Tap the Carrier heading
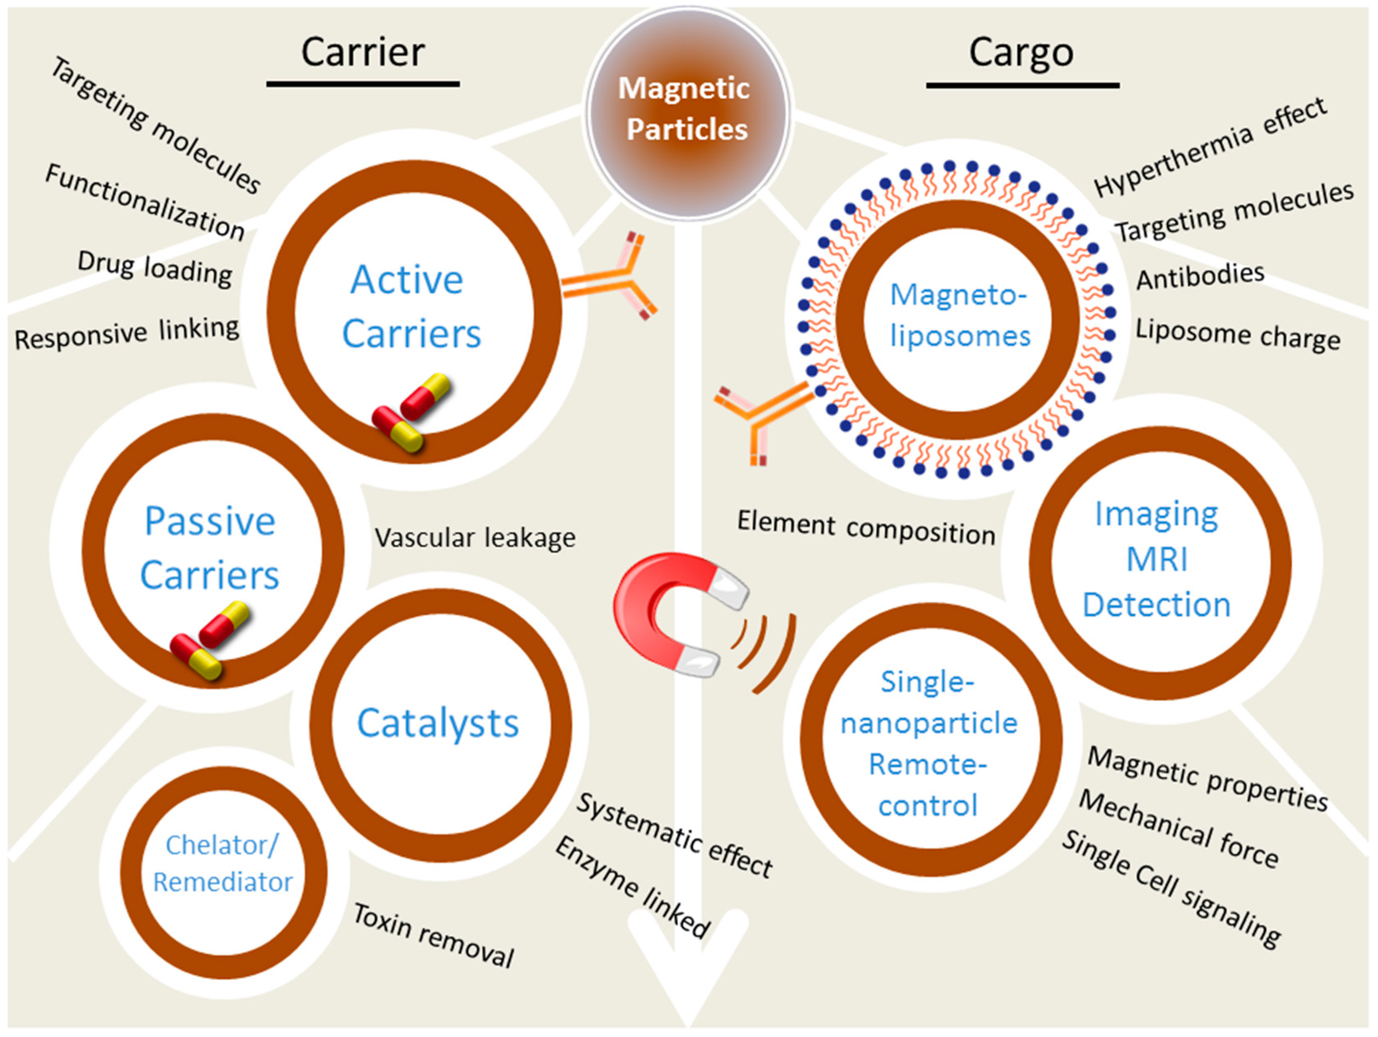click(363, 52)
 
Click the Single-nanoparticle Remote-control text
click(928, 744)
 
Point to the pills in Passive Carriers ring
click(209, 641)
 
